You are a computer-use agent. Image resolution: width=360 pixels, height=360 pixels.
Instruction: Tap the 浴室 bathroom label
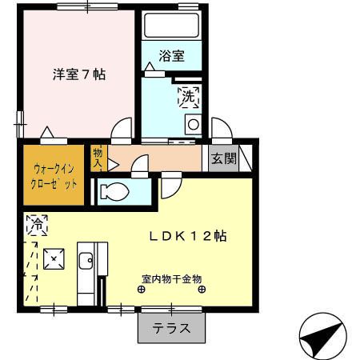click(x=171, y=56)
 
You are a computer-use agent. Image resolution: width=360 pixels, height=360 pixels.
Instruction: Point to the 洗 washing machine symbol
click(x=189, y=97)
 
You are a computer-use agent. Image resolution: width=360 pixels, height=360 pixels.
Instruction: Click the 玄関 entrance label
click(x=224, y=158)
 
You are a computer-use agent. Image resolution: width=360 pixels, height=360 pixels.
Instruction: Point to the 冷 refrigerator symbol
click(x=37, y=226)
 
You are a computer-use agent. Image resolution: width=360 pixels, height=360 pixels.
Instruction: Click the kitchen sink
click(x=86, y=260)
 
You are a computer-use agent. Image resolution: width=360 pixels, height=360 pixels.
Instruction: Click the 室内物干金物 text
click(x=171, y=279)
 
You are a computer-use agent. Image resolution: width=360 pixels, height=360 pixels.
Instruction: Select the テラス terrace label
click(x=171, y=327)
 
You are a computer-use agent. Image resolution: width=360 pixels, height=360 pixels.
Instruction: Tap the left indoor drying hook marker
click(x=141, y=290)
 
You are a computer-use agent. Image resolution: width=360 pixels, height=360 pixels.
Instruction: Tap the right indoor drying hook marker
click(x=201, y=290)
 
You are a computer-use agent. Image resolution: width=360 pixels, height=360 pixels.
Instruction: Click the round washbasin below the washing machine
click(x=193, y=124)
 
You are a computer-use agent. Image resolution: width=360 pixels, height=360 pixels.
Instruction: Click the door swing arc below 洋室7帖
click(x=122, y=129)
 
